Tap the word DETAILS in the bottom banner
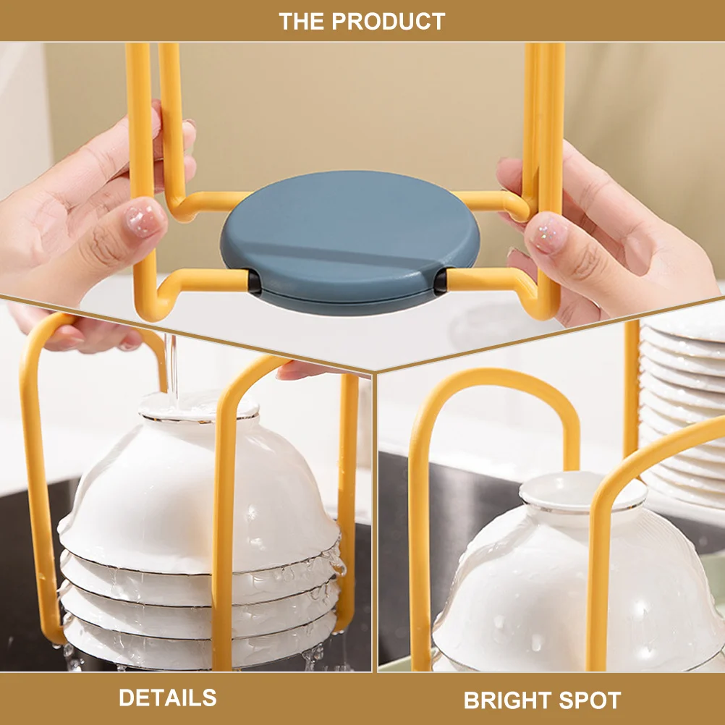(x=167, y=698)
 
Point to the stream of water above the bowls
(x=171, y=362)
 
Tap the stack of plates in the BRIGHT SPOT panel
(x=684, y=405)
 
